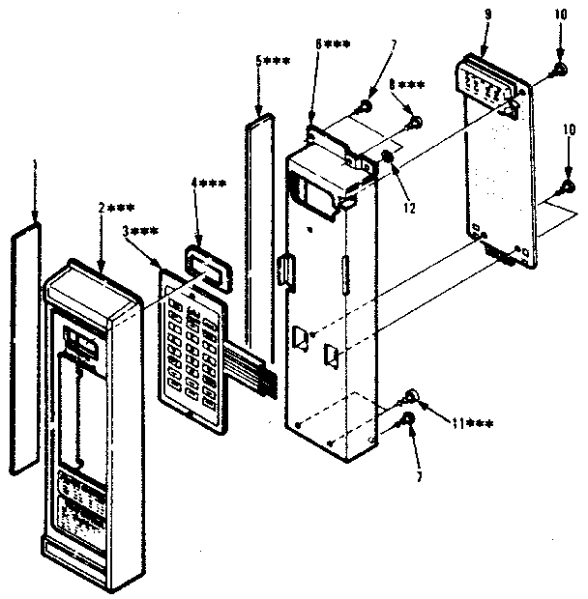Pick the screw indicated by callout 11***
pyautogui.click(x=412, y=396)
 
